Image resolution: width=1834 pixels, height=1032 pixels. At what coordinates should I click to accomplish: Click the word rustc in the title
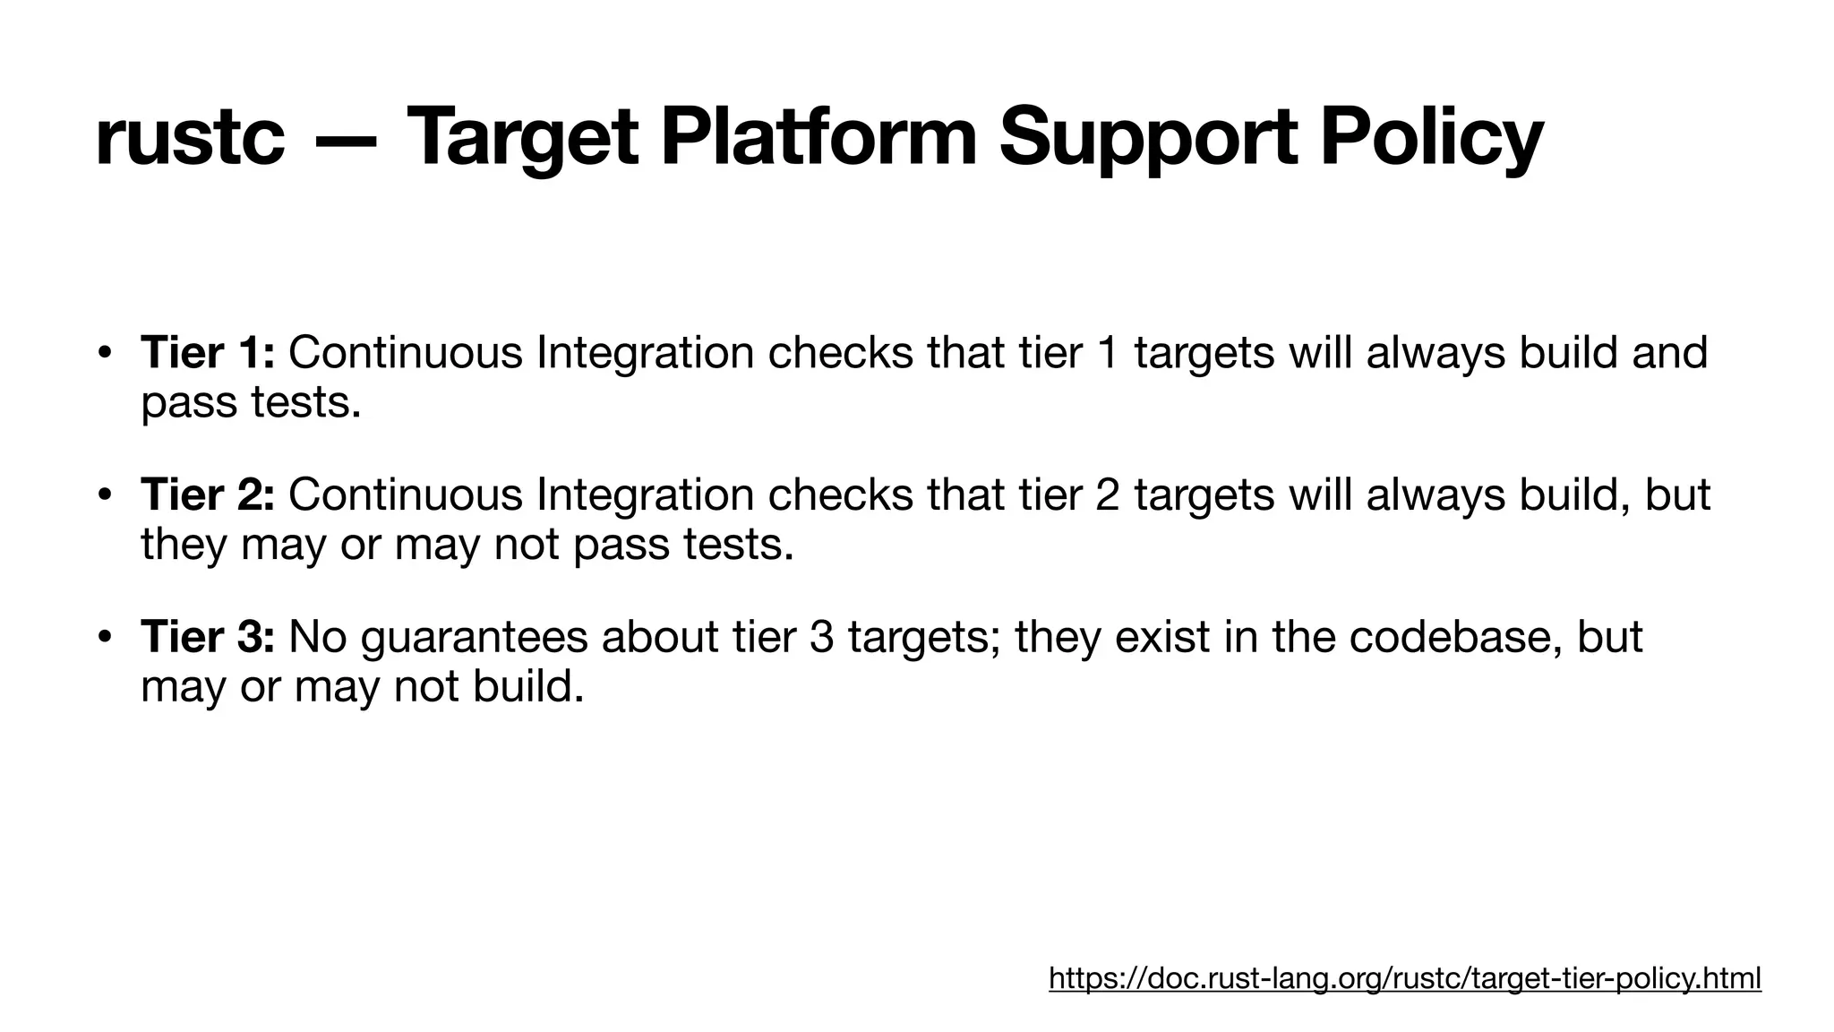189,137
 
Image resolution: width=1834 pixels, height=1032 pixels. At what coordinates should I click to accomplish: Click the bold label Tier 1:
208,352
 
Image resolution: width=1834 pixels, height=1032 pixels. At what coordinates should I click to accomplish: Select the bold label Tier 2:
208,494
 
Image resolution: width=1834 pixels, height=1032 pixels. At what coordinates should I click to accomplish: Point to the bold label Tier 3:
208,637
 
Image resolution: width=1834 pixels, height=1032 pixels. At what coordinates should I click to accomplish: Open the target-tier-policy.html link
1404,978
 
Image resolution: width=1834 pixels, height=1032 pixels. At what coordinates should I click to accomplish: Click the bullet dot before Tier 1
105,352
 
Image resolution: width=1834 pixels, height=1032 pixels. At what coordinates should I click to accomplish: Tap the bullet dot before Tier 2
105,494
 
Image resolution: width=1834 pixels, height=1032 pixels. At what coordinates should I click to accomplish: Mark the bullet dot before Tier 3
105,637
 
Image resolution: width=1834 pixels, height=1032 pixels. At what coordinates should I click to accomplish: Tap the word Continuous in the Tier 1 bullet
405,352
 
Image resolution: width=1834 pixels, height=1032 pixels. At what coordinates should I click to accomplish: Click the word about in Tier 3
659,637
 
